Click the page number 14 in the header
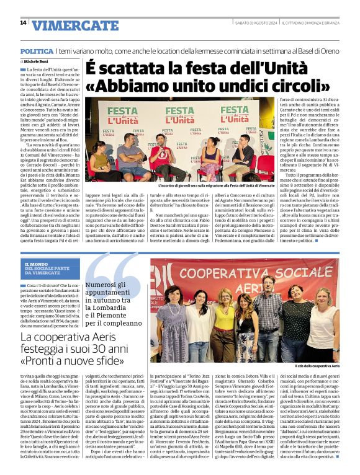[23, 23]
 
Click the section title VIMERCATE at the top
[66, 26]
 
